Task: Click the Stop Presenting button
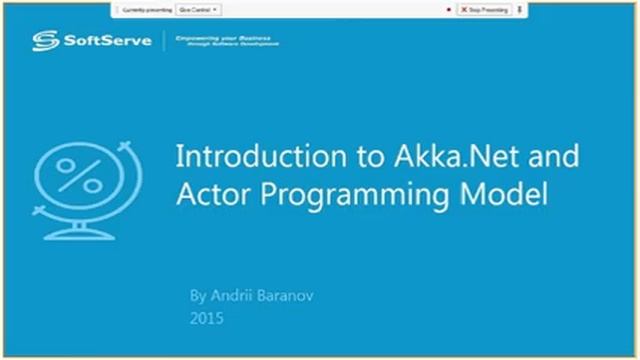pyautogui.click(x=484, y=9)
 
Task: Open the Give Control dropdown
pyautogui.click(x=199, y=9)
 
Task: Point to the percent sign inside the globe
pyautogui.click(x=79, y=178)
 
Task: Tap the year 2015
pyautogui.click(x=206, y=319)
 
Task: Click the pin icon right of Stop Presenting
pyautogui.click(x=520, y=9)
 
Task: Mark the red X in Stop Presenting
pyautogui.click(x=464, y=9)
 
